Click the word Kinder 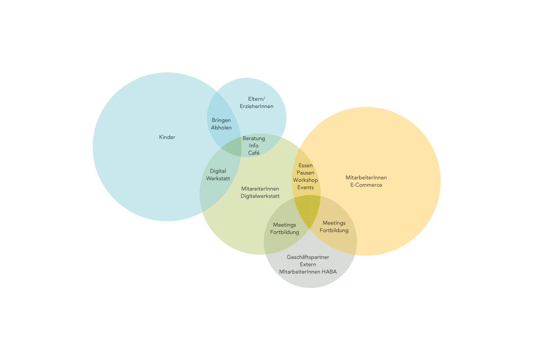pos(167,137)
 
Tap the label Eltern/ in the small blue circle pos(256,99)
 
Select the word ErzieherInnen pos(256,106)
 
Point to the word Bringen pos(221,120)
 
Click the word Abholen pos(221,127)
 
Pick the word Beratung pos(254,139)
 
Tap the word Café pos(254,153)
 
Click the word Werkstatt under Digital pos(218,178)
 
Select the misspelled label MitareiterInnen pos(260,189)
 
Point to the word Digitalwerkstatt pos(260,196)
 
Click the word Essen pos(306,166)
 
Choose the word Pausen pos(306,173)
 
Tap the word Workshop pos(306,180)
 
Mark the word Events pos(306,187)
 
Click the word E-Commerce pos(366,185)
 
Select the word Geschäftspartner pos(308,257)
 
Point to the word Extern pos(308,264)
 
